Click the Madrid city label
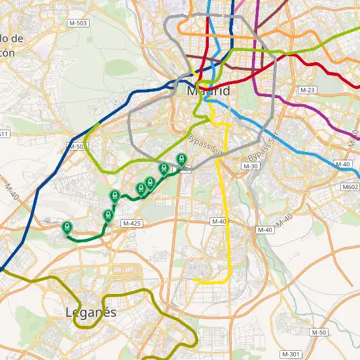(208, 91)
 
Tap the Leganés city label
(91, 312)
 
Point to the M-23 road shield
(307, 89)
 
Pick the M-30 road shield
(250, 167)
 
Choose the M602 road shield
(351, 187)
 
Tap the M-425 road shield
(132, 223)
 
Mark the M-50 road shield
(319, 333)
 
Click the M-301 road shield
(291, 353)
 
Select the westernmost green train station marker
(66, 227)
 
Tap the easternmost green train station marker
(181, 158)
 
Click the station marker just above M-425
(108, 215)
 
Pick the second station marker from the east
(164, 168)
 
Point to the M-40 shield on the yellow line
(219, 222)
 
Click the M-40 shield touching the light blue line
(343, 164)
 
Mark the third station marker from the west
(115, 195)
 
